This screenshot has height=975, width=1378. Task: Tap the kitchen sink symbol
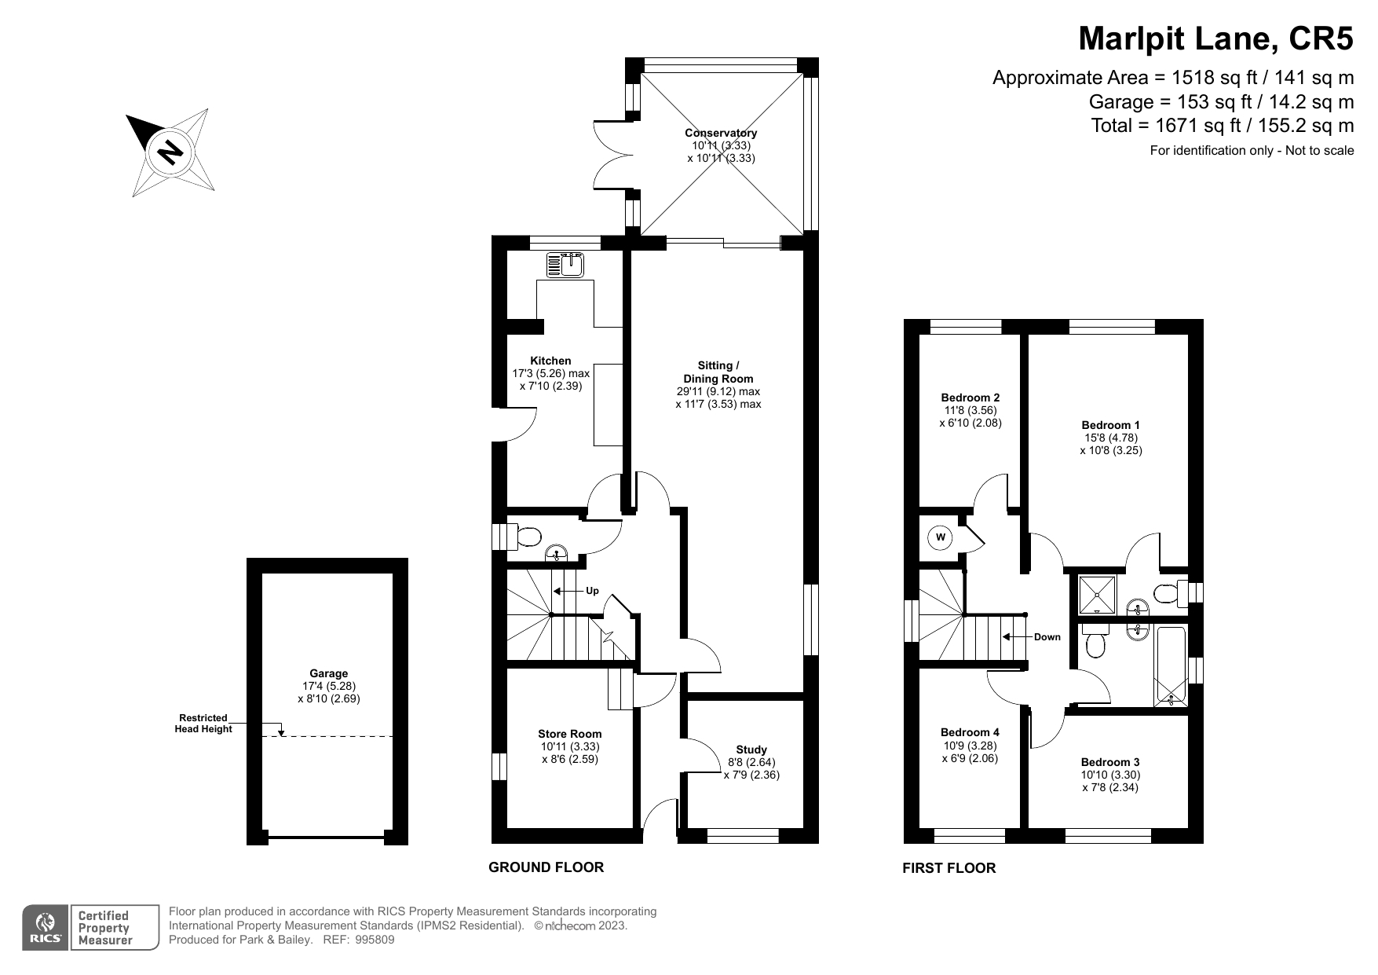pyautogui.click(x=565, y=265)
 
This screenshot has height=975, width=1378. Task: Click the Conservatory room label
pyautogui.click(x=720, y=134)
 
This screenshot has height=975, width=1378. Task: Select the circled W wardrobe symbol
pyautogui.click(x=941, y=538)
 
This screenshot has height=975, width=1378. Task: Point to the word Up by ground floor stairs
pyautogui.click(x=592, y=591)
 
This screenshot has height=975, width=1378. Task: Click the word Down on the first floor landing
pyautogui.click(x=1047, y=637)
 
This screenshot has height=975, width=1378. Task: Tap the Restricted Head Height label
pyautogui.click(x=203, y=723)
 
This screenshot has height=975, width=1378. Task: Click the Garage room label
pyautogui.click(x=328, y=673)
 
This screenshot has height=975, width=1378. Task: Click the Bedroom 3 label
pyautogui.click(x=1109, y=762)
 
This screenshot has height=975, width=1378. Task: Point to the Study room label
pyautogui.click(x=751, y=750)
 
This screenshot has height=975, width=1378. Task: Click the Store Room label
pyautogui.click(x=569, y=734)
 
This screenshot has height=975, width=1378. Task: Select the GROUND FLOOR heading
pyautogui.click(x=546, y=867)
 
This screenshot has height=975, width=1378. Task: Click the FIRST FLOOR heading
pyautogui.click(x=949, y=868)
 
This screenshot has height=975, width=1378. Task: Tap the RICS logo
pyautogui.click(x=46, y=928)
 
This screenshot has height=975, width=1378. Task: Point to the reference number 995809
pyautogui.click(x=375, y=940)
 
